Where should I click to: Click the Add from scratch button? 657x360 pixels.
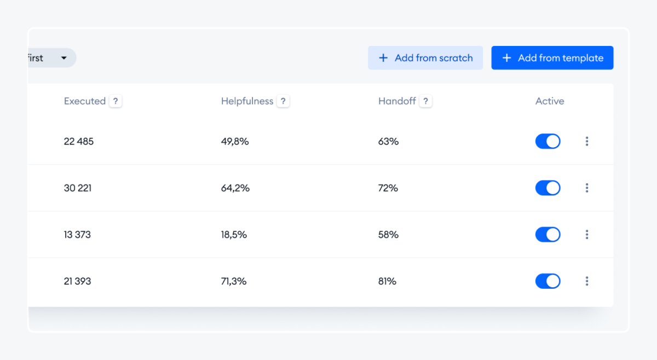pos(425,58)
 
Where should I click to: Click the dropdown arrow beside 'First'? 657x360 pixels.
pos(64,58)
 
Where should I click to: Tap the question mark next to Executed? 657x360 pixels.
pos(116,101)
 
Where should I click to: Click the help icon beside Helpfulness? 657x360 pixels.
pos(283,101)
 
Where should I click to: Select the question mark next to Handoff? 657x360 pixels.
pos(425,101)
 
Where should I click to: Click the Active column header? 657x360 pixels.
pos(549,101)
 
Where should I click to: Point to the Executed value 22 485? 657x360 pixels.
pos(79,142)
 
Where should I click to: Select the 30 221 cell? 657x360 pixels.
pos(78,188)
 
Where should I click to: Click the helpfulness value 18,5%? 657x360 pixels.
pos(234,235)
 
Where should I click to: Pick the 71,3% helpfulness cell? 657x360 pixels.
pos(234,281)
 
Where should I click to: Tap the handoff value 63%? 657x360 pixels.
pos(388,142)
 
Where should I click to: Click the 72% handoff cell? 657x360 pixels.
pos(388,188)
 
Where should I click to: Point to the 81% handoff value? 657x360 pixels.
pos(387,281)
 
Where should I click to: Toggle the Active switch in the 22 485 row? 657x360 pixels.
pos(547,141)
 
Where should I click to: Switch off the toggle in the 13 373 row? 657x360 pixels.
pos(547,235)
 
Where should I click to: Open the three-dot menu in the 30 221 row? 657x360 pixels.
pos(587,188)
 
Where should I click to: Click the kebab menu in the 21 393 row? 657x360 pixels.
pos(587,281)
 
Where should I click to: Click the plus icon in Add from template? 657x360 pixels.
pos(506,58)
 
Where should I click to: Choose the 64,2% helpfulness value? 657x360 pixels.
pos(235,188)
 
